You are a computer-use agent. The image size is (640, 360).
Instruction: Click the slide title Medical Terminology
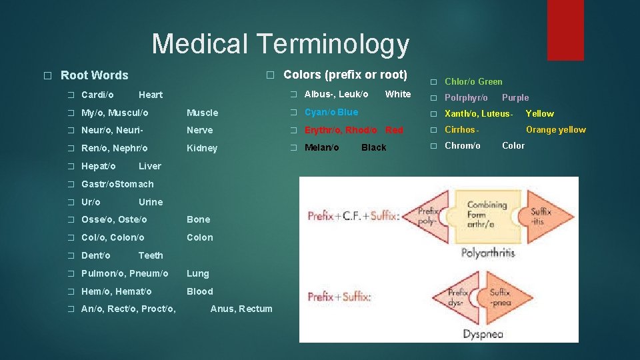pos(280,44)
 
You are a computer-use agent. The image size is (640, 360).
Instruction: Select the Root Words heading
pos(94,75)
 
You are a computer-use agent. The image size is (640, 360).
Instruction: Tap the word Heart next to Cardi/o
pos(151,95)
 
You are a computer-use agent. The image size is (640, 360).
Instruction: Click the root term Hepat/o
pos(98,166)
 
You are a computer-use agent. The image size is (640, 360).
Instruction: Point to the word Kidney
pos(202,148)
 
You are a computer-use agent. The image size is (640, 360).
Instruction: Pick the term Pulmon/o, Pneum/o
pos(125,273)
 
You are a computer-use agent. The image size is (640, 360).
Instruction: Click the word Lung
pos(197,273)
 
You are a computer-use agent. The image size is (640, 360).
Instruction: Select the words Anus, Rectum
pos(241,309)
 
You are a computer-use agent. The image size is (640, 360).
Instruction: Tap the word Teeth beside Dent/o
pos(151,255)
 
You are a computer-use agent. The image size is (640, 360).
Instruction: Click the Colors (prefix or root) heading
pos(345,74)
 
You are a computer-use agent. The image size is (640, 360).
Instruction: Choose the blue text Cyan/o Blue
pos(331,112)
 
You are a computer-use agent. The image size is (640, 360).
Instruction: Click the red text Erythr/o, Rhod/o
pos(341,130)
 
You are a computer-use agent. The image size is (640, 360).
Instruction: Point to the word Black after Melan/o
pos(373,147)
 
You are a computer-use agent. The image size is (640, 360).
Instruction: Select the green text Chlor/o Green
pos(473,81)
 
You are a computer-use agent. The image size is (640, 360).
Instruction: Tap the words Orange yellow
pos(556,130)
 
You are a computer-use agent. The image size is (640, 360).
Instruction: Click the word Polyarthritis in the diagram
pos(487,253)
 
